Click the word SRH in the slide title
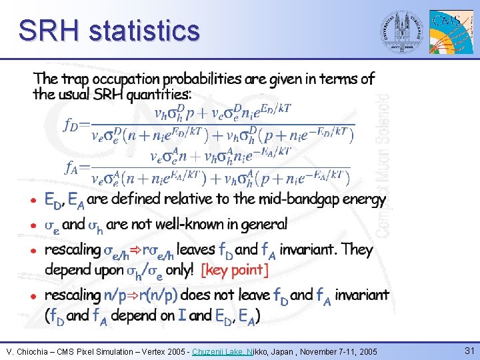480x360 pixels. pyautogui.click(x=49, y=31)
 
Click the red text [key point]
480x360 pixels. pyautogui.click(x=235, y=270)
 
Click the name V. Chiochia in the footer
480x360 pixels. pyautogui.click(x=28, y=351)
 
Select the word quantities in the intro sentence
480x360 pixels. pyautogui.click(x=155, y=94)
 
